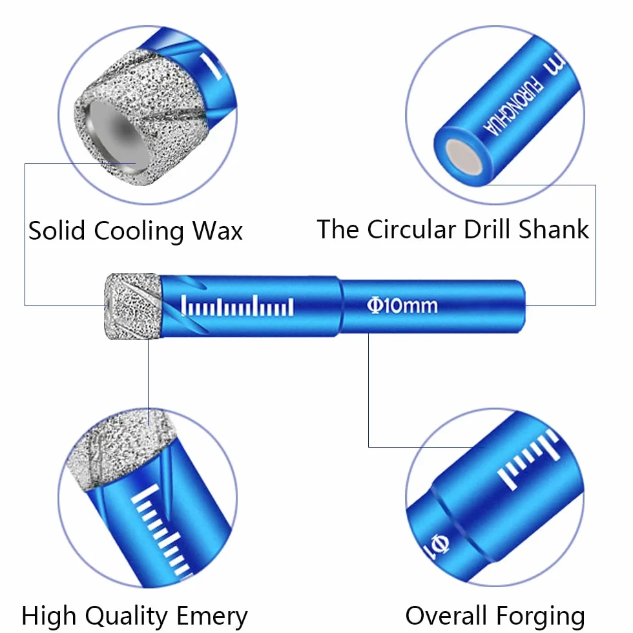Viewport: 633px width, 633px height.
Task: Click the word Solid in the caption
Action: coord(57,231)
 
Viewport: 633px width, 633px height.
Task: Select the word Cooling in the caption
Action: coord(138,232)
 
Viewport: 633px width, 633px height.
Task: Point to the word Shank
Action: coord(554,229)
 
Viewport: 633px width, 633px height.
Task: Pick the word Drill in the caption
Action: coord(487,229)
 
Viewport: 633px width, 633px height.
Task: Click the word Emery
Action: coord(212,617)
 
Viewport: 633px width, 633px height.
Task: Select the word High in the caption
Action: coord(49,617)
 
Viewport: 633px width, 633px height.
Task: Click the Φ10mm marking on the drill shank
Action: coord(402,306)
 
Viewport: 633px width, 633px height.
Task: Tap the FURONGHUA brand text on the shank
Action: coord(513,105)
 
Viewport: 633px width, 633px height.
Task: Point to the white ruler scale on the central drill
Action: coord(237,306)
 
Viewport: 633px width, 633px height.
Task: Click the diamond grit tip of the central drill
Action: coord(133,306)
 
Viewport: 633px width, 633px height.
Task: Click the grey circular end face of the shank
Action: coord(464,158)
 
